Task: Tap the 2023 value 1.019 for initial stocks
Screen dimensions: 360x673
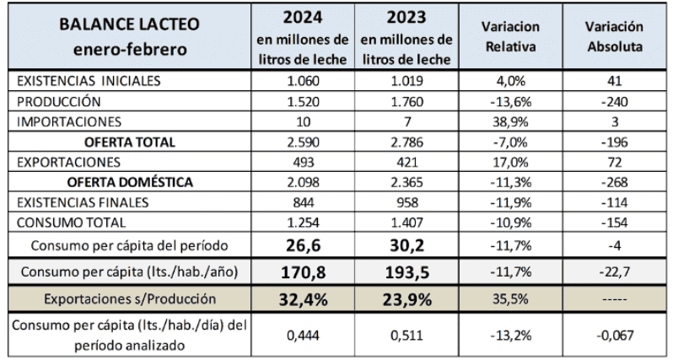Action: pos(411,82)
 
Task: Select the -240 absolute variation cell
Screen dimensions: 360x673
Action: pos(613,101)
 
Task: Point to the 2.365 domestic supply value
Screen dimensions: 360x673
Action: pos(411,182)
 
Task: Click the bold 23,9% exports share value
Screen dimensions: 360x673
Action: pos(411,300)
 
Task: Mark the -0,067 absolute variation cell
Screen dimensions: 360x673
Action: pos(613,335)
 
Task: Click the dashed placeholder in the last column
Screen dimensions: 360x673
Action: pos(613,301)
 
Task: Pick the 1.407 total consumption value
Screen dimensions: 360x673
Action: pos(411,223)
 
